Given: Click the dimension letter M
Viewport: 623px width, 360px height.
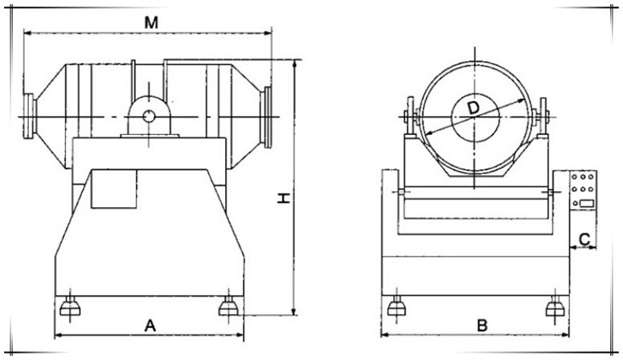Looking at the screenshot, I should tap(150, 22).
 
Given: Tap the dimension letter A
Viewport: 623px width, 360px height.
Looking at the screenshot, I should tap(150, 325).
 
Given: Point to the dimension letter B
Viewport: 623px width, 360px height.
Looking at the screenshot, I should tap(482, 325).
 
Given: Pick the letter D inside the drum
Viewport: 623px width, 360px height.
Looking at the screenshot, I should tap(473, 108).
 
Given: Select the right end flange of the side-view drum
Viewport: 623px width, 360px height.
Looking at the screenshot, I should tap(267, 114).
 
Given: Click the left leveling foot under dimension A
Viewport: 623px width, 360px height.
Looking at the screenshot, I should tap(68, 306).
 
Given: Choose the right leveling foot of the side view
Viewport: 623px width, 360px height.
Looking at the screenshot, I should tap(229, 306).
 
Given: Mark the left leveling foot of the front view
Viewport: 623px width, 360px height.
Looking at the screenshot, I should tap(395, 307).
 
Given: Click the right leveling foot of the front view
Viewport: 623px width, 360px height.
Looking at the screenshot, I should tap(554, 307).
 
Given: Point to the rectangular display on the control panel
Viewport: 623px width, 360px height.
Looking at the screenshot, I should tap(587, 202).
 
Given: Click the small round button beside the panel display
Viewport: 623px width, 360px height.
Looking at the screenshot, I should tap(575, 202).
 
